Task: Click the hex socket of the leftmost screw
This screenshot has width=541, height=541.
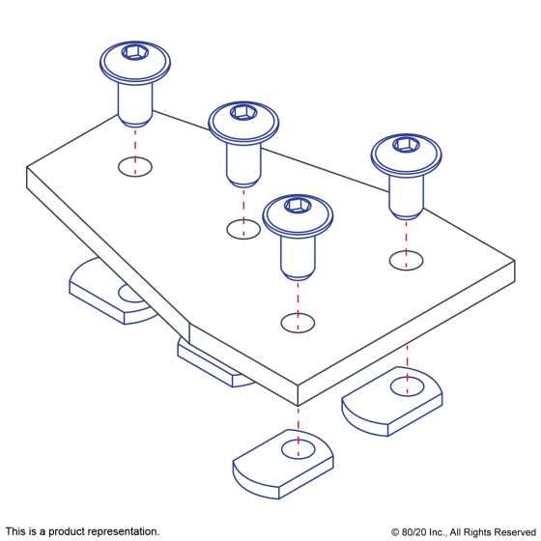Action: pyautogui.click(x=135, y=52)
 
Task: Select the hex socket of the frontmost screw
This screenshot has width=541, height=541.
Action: pyautogui.click(x=298, y=206)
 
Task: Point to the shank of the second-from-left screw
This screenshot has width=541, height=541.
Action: pyautogui.click(x=243, y=165)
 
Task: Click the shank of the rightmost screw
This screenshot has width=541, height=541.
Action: pyautogui.click(x=406, y=197)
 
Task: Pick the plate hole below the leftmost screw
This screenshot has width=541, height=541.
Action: pyautogui.click(x=135, y=167)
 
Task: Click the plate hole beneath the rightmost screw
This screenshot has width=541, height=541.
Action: pyautogui.click(x=406, y=261)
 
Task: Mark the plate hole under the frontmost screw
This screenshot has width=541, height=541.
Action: pyautogui.click(x=298, y=323)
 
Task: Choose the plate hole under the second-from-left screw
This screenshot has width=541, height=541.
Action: pyautogui.click(x=243, y=230)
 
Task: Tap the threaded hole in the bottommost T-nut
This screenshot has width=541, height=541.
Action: pyautogui.click(x=299, y=449)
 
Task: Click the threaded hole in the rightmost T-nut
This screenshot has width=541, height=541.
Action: pyautogui.click(x=407, y=386)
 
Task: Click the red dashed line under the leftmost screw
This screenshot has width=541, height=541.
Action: pyautogui.click(x=135, y=151)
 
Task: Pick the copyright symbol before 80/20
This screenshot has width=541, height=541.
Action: pyautogui.click(x=395, y=532)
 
